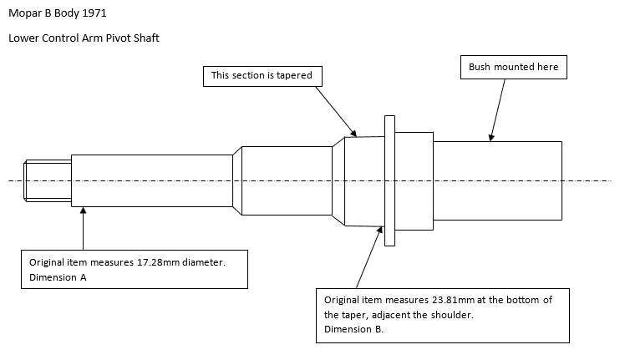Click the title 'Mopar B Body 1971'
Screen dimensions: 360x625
pos(57,14)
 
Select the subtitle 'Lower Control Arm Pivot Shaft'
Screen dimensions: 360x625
pos(84,38)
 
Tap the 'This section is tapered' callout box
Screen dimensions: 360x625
pos(262,76)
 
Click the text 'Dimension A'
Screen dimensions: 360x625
pos(58,278)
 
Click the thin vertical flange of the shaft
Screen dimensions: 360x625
pos(389,180)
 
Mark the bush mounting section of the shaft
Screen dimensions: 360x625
pos(496,180)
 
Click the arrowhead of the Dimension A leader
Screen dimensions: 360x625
pos(84,212)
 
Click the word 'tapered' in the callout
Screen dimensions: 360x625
pos(293,76)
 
